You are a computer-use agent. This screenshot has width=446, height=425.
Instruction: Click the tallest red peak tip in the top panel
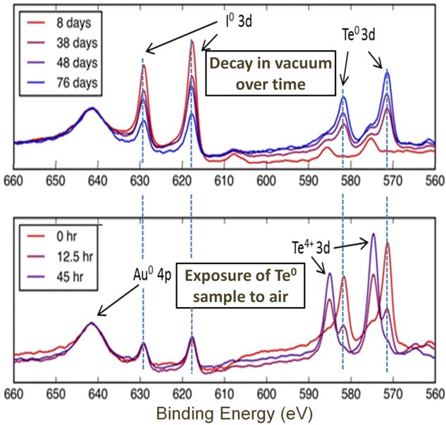point(192,41)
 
